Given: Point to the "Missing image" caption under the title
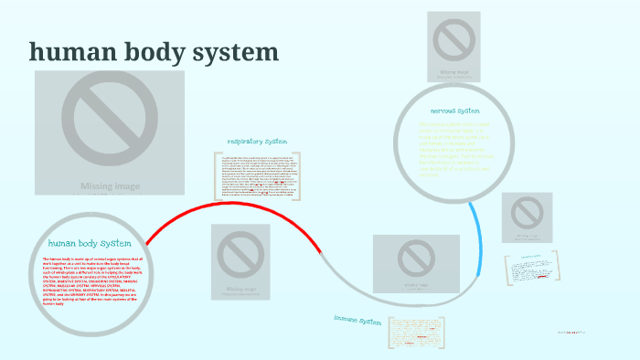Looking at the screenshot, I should click(x=110, y=186).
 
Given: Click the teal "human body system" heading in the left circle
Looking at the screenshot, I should click(x=90, y=243).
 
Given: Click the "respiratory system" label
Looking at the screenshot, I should click(x=257, y=142).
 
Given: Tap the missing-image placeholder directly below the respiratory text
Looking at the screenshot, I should click(x=240, y=261).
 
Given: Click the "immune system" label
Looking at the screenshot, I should click(x=357, y=321).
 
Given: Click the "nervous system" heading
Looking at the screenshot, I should click(x=454, y=110).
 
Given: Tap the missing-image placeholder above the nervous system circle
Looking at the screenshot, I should click(x=454, y=45).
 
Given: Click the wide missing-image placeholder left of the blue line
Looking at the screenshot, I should click(x=416, y=264).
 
